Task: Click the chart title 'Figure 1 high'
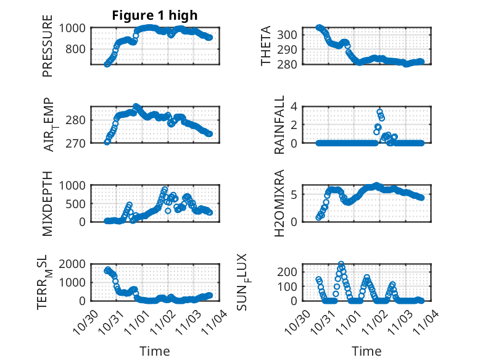click(x=154, y=15)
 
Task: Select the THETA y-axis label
click(x=266, y=46)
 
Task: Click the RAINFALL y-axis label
click(x=279, y=123)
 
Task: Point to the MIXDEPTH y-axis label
click(x=48, y=203)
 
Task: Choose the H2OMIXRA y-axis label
click(x=279, y=203)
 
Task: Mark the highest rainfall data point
click(x=379, y=112)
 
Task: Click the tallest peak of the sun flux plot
click(x=341, y=264)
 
